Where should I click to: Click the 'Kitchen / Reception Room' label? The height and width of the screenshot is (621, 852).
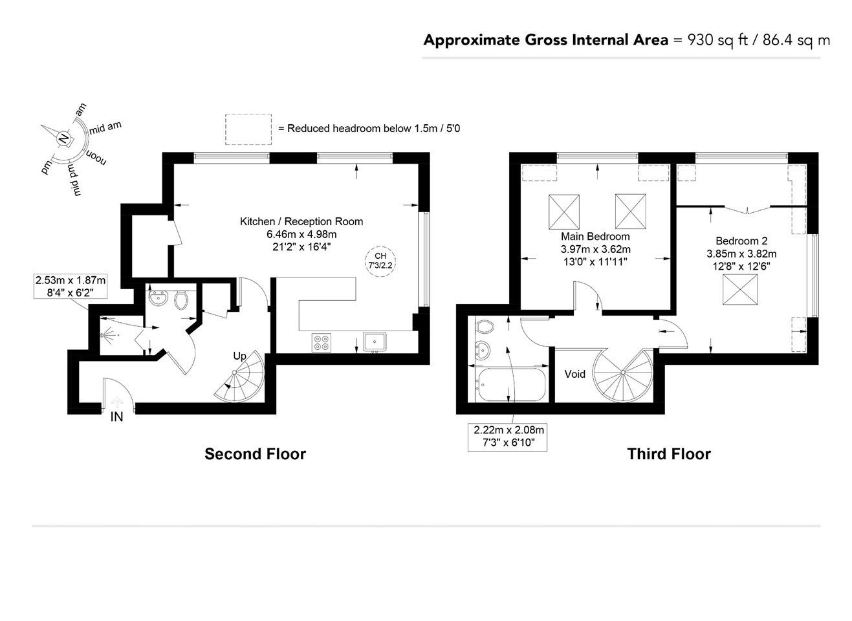pos(301,221)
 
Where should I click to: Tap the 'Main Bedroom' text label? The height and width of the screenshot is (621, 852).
pos(595,237)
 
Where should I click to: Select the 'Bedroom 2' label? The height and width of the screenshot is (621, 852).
pos(741,241)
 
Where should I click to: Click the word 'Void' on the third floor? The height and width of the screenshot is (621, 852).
pos(574,374)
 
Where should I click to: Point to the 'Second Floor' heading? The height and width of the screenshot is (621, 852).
pos(256,454)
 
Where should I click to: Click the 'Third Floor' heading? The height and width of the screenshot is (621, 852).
pos(669,454)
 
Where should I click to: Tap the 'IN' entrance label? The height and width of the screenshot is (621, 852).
pos(116,417)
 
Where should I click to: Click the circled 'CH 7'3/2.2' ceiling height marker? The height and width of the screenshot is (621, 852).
pos(380,261)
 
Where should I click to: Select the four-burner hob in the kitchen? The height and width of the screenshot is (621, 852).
pos(322,342)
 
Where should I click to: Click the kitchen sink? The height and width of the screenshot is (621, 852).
pos(375,342)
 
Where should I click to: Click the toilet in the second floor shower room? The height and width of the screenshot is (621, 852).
pos(181,300)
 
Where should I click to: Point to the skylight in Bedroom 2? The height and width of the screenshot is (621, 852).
pos(740,289)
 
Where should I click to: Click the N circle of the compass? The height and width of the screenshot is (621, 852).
pos(63,138)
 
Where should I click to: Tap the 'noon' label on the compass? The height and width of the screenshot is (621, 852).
pos(96,157)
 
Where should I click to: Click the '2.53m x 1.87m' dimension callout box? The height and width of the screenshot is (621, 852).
pos(71,286)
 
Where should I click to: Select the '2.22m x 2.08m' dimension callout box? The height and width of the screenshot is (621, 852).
pos(507,437)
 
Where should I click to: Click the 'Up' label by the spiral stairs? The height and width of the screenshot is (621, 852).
pos(239,356)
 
